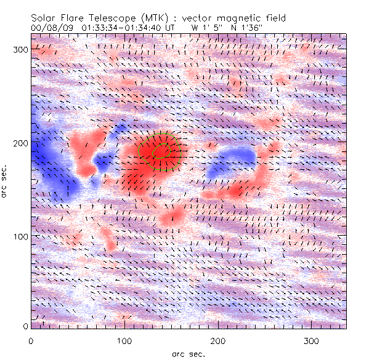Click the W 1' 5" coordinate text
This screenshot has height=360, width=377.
tap(205, 27)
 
